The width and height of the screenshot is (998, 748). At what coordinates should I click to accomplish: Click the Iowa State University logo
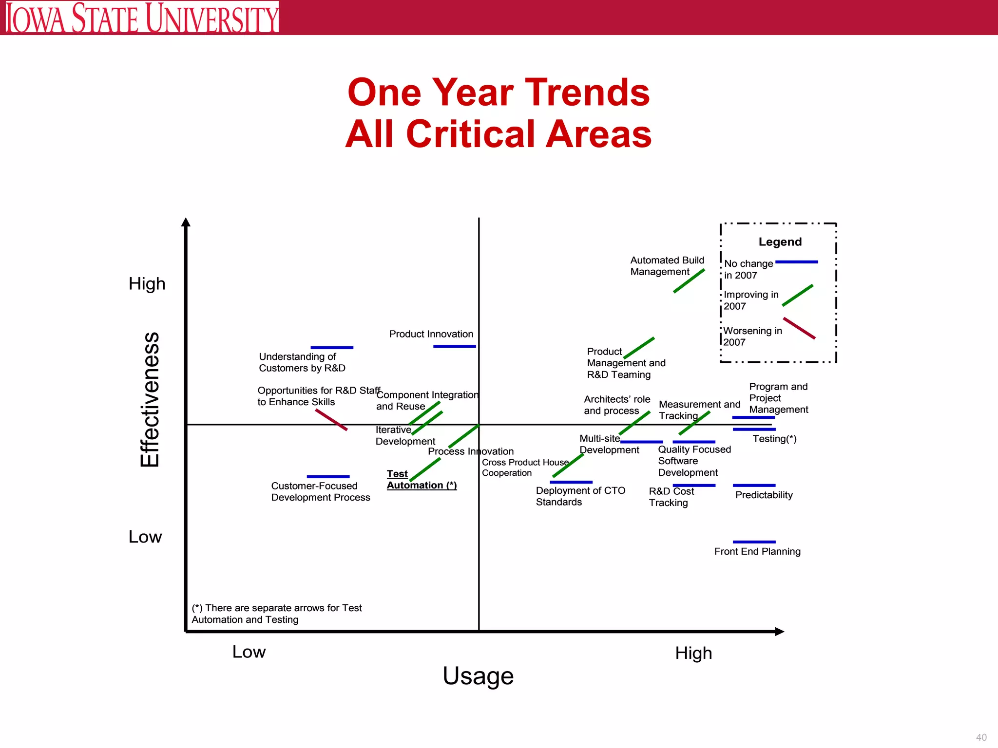pos(142,18)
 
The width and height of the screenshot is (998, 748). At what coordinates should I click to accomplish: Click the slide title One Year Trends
pos(499,93)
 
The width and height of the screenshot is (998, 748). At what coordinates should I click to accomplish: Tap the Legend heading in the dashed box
pos(780,242)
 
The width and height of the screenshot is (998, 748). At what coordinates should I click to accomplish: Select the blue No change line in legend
pos(796,262)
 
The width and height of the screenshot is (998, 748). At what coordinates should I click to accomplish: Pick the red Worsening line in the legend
pos(799,328)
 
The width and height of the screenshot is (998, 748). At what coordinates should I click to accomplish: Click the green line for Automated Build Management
pos(689,281)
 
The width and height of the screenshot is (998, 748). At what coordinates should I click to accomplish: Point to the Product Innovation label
pos(431,334)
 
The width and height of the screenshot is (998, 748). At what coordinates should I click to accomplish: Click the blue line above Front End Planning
pos(754,542)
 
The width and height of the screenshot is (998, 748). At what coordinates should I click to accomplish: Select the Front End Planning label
pos(757,551)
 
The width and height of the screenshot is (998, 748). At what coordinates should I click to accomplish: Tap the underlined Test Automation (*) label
pos(421,480)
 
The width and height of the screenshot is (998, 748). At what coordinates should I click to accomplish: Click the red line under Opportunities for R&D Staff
pos(331,420)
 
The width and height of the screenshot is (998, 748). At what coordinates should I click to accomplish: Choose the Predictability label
pos(764,495)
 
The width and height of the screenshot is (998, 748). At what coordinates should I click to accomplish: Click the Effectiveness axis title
pos(150,399)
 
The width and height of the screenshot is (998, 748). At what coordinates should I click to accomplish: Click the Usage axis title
pos(478,676)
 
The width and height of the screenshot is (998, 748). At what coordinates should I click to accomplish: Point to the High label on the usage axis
pos(693,653)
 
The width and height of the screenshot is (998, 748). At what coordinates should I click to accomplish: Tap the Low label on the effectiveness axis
pos(145,537)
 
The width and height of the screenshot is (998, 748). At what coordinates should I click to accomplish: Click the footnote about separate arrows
pos(276,614)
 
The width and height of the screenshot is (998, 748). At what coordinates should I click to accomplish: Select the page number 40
pos(981,737)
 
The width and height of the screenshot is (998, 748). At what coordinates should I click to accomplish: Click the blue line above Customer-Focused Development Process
pos(328,476)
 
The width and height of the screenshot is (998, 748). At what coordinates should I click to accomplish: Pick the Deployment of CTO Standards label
pos(580,496)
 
